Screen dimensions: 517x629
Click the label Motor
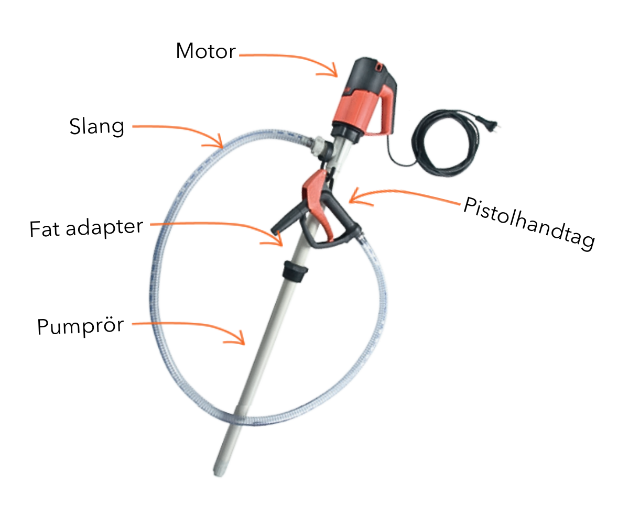[x=205, y=51]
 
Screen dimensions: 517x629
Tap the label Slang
[x=97, y=126]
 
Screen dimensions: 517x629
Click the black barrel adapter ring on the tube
[x=295, y=270]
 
